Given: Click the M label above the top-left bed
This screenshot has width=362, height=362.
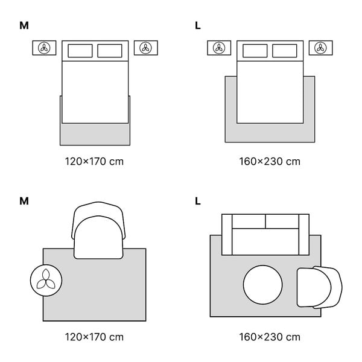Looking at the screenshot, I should pos(24,25).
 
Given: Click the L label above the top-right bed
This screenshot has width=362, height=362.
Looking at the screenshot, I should pos(198,25).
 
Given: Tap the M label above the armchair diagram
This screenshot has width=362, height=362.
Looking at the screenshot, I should pos(24,200).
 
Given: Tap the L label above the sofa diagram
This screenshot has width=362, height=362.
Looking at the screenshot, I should pos(198,200).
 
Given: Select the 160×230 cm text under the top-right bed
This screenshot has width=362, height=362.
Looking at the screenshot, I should pos(270,161).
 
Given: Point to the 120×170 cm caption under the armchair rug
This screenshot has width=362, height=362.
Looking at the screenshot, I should pos(95,336).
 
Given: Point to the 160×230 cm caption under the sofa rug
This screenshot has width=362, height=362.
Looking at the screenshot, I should pos(270,336).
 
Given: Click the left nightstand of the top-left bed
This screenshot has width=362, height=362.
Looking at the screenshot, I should pos(45,48).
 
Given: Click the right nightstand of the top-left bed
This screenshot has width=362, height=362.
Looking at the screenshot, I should pos(145,48).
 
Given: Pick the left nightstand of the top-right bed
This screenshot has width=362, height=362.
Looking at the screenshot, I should pos(220,48).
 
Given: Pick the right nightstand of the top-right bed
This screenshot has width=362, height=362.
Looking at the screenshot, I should pos(320,48).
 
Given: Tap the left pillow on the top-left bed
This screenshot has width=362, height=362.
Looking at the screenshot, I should pos(80,50).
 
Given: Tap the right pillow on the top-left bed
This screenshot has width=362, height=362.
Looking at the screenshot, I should pos(110,50).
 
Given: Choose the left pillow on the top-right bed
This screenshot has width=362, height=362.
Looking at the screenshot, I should pos(255,50).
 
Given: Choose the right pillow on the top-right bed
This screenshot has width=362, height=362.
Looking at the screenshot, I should pos(285,50).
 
